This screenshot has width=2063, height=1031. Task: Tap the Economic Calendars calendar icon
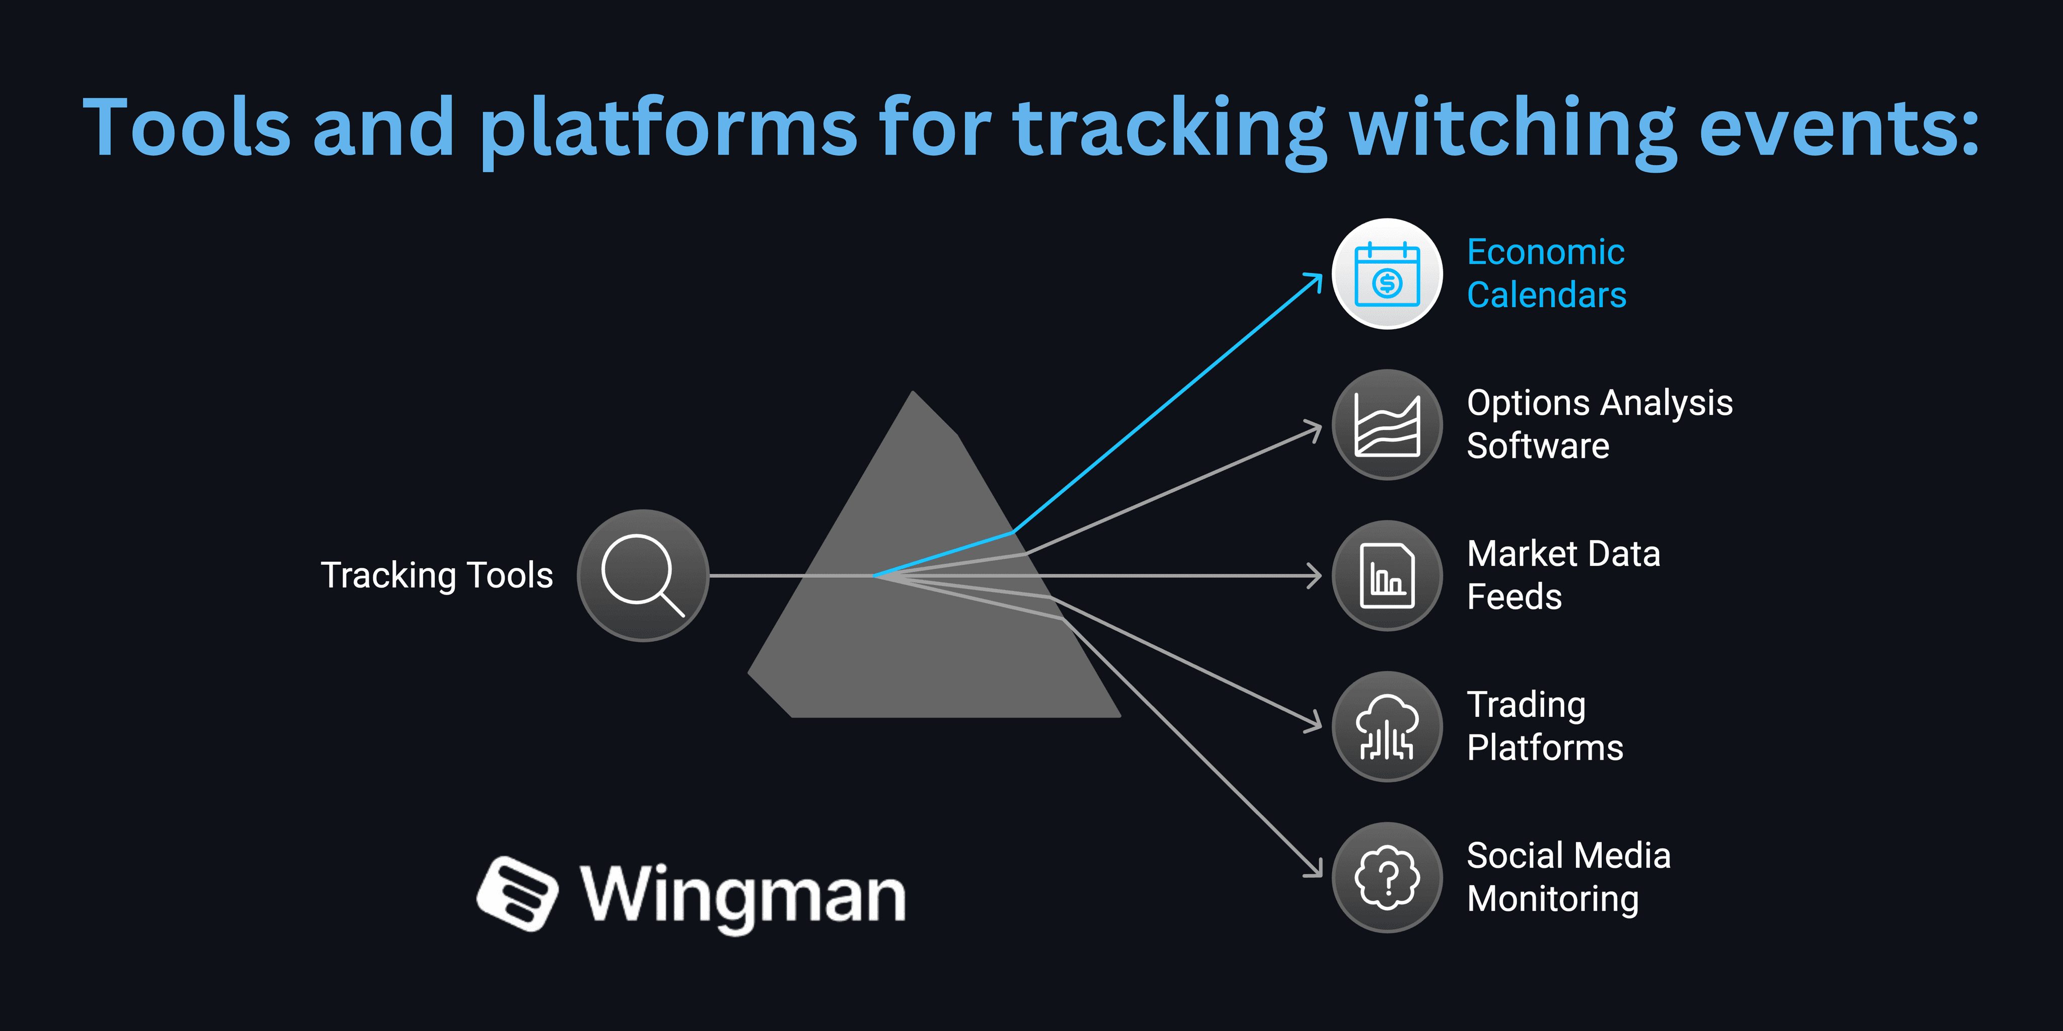click(1387, 274)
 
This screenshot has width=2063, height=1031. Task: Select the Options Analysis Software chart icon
click(1387, 425)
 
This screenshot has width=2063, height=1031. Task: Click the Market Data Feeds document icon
click(1387, 575)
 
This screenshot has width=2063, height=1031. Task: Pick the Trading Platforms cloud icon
click(1387, 726)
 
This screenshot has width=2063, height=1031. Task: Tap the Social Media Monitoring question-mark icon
click(1387, 877)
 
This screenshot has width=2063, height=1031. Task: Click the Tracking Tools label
click(437, 575)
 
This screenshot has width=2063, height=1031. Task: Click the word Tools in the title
click(186, 128)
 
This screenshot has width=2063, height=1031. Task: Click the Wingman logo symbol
click(517, 894)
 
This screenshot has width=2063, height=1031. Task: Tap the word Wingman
click(743, 895)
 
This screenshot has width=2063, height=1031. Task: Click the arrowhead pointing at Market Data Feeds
click(1316, 575)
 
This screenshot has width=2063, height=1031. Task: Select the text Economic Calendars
click(1546, 274)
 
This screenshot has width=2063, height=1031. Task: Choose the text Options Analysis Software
click(1599, 424)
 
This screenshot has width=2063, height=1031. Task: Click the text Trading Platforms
click(1544, 726)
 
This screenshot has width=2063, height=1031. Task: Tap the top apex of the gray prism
click(913, 394)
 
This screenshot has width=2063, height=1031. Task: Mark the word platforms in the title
click(668, 128)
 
